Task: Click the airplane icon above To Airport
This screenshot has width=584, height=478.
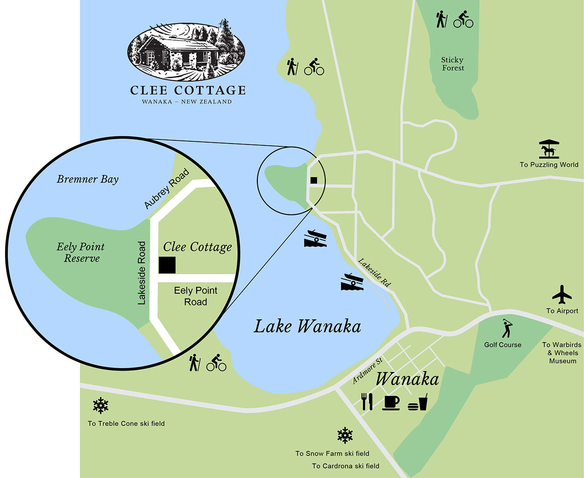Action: coord(562,295)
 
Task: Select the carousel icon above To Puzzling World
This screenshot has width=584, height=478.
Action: coord(549,149)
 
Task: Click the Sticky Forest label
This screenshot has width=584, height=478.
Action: coord(453,64)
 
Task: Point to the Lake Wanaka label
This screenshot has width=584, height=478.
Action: coord(307,327)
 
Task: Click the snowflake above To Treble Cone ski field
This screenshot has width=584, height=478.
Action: coord(100,406)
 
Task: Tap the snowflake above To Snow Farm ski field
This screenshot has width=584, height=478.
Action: coord(345,435)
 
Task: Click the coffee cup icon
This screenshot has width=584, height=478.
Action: coord(391,402)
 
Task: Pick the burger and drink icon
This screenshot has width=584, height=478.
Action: coord(417,402)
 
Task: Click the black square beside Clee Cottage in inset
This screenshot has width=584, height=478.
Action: coord(167,265)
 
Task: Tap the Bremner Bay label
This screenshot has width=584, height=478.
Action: coord(88,179)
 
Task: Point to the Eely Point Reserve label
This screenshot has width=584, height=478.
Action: coord(81,252)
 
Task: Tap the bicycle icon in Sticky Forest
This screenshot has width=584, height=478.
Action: coord(463,20)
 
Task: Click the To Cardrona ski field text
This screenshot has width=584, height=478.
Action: coord(345,466)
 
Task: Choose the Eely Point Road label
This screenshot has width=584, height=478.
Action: coord(195,296)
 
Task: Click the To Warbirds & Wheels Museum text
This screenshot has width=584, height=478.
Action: coord(562,353)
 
